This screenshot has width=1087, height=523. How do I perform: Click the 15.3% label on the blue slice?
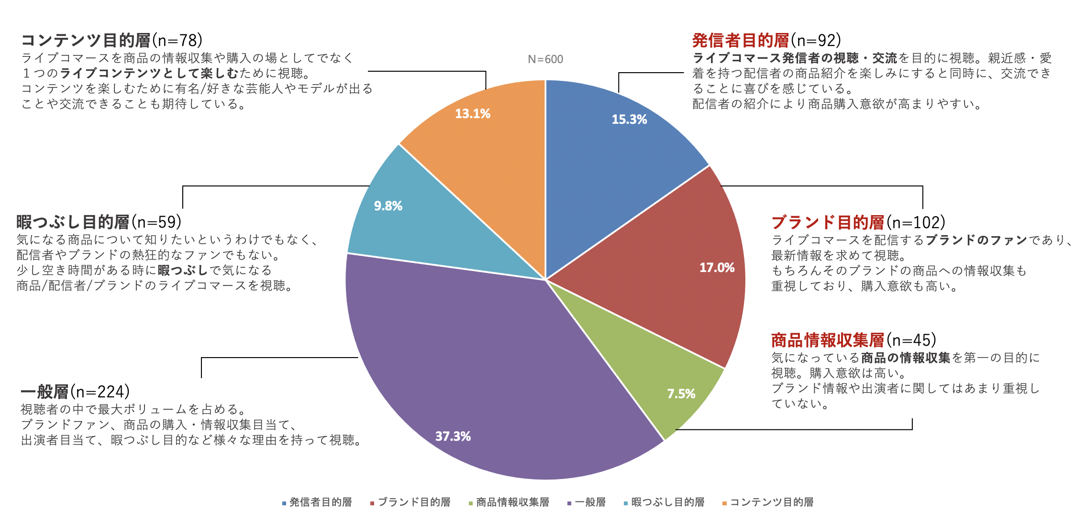[629, 120]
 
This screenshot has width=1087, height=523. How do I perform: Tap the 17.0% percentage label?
[717, 268]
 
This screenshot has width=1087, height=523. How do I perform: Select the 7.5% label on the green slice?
[681, 394]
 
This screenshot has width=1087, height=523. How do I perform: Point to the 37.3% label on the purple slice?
[453, 436]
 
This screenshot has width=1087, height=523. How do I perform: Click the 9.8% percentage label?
[388, 206]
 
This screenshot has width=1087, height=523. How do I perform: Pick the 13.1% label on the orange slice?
[472, 114]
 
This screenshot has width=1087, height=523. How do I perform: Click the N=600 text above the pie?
[545, 59]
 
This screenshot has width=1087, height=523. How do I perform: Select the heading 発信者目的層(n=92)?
[766, 41]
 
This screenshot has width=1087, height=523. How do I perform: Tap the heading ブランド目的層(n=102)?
[858, 222]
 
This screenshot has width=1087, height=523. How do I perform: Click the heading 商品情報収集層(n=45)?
[854, 340]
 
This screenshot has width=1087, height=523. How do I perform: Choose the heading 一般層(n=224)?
[75, 392]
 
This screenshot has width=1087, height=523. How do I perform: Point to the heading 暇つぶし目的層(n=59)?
[99, 222]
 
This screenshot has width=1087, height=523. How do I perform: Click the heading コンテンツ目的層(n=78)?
[112, 41]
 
